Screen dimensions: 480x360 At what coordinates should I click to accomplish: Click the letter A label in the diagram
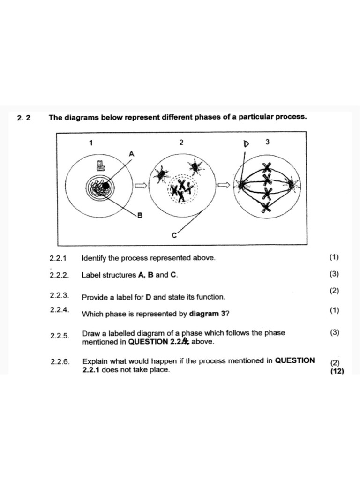(131, 153)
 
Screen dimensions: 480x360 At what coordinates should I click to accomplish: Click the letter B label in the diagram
(139, 215)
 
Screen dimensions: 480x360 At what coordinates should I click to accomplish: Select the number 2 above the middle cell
(181, 142)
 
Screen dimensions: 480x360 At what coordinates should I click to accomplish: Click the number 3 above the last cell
(267, 142)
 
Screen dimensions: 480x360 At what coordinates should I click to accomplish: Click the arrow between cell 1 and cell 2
(141, 185)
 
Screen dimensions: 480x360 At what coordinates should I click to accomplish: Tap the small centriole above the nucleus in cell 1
(99, 164)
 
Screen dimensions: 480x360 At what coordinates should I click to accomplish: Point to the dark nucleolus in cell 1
(106, 186)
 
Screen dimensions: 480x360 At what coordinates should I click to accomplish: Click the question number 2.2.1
(59, 258)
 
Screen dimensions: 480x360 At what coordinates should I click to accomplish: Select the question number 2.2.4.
(59, 309)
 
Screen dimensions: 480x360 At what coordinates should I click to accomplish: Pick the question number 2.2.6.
(60, 361)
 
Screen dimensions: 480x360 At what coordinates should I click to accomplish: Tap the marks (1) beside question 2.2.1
(334, 257)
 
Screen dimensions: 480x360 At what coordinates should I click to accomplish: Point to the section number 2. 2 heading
(24, 118)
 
